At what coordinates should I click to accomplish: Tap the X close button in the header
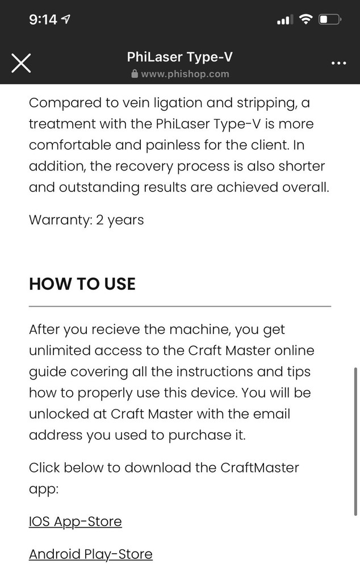(22, 62)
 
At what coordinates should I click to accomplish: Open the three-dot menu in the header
(338, 62)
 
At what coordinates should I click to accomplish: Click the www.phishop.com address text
(185, 74)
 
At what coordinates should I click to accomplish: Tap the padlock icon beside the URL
(135, 74)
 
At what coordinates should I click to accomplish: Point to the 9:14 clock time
(43, 20)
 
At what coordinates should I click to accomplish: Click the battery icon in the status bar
(330, 20)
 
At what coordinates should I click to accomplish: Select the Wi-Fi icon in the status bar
(306, 20)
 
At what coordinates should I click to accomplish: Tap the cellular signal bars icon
(284, 20)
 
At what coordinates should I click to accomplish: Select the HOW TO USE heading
(82, 284)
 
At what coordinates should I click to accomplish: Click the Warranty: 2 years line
(86, 220)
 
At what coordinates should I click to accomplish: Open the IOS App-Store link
(75, 521)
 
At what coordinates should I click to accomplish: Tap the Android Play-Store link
(90, 554)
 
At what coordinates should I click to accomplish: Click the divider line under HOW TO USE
(179, 306)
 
